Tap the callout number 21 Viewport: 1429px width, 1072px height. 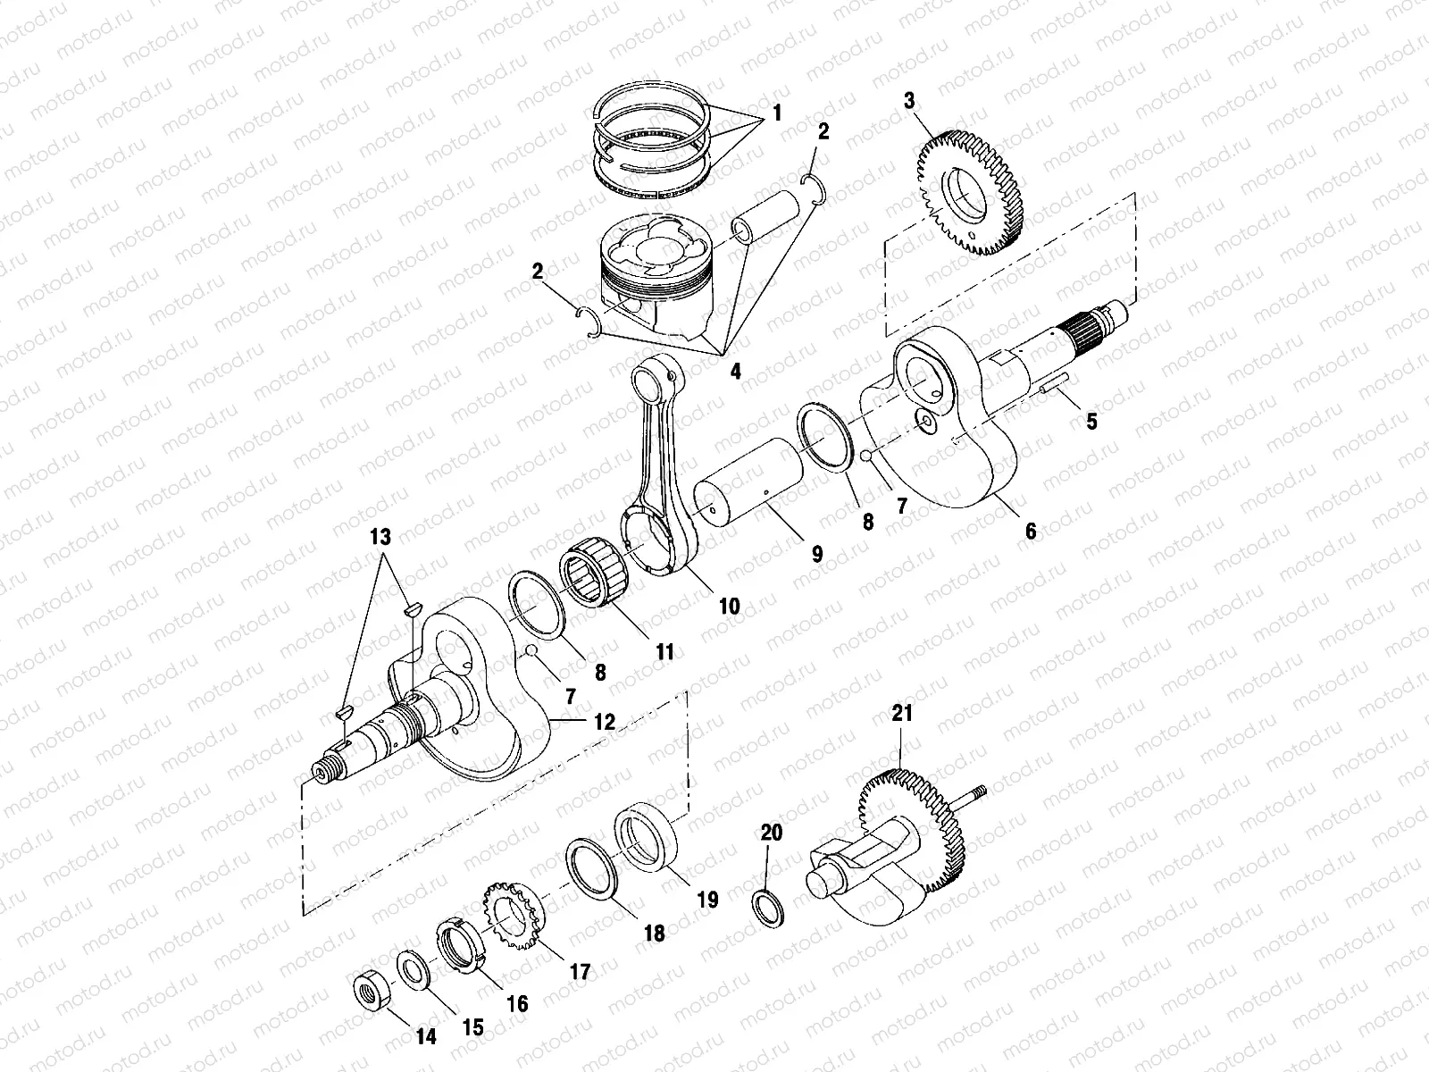click(x=902, y=714)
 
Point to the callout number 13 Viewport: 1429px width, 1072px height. click(x=381, y=537)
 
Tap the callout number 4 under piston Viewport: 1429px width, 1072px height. click(x=735, y=371)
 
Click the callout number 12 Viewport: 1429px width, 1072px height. click(x=605, y=722)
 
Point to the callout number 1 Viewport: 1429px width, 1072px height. click(x=776, y=113)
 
